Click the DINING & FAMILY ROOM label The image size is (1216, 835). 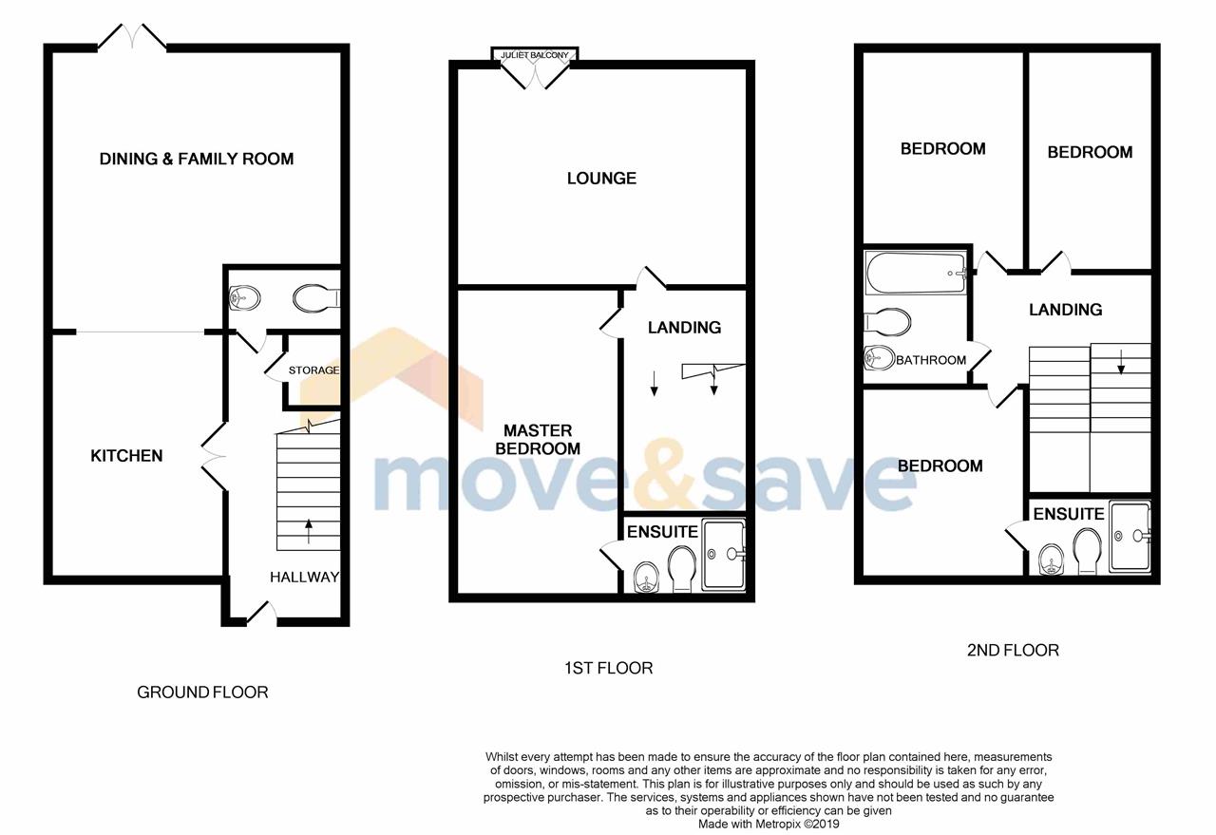[197, 159]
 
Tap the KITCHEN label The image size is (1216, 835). [126, 456]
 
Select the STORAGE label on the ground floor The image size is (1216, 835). [313, 370]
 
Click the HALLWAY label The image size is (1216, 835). [305, 578]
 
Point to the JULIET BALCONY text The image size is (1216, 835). [535, 55]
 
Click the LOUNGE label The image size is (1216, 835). [601, 178]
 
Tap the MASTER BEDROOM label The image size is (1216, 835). [538, 440]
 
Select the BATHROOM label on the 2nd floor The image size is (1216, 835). [931, 360]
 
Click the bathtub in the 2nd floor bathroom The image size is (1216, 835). [916, 273]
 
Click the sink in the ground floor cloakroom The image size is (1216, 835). [245, 298]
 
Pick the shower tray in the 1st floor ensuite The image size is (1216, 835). [724, 555]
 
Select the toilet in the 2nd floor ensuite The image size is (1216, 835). [1088, 551]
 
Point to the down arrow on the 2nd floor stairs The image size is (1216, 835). [1121, 362]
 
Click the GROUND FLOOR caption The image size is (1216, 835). [202, 693]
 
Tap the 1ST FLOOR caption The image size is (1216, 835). [609, 668]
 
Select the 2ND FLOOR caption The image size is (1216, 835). [1013, 651]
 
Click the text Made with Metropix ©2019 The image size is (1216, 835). [769, 825]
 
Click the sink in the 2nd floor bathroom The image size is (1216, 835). [879, 358]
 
